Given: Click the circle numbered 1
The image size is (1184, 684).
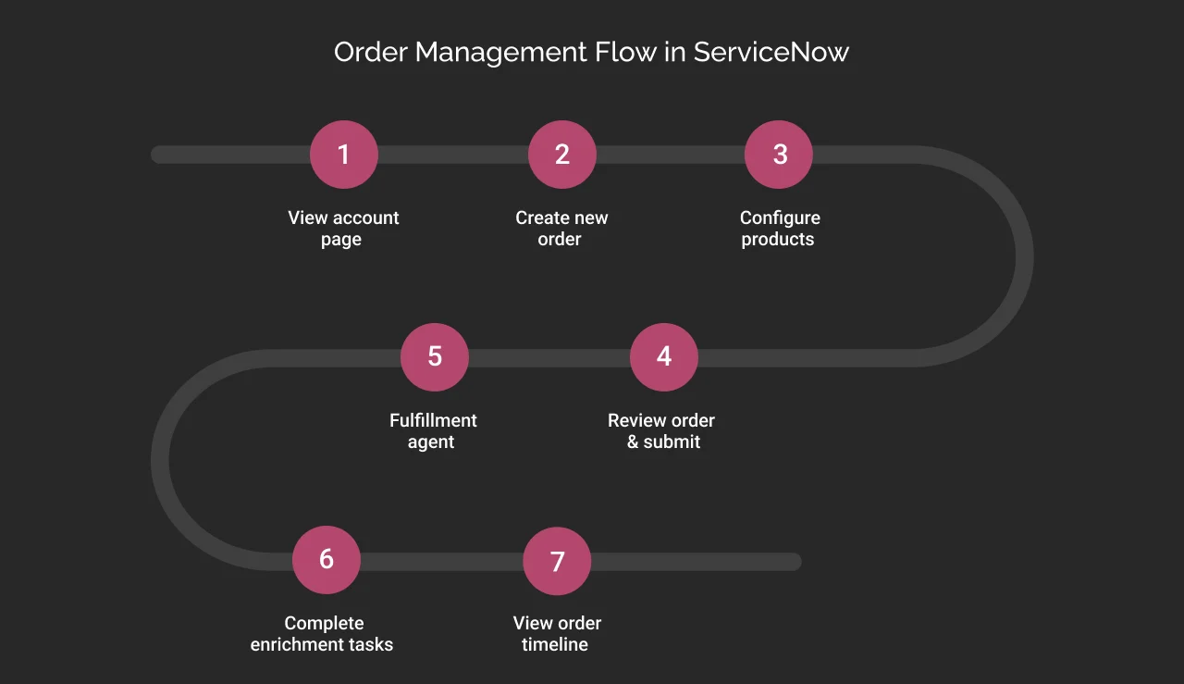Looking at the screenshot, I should click(x=344, y=155).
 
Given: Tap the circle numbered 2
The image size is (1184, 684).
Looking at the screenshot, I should click(x=562, y=155).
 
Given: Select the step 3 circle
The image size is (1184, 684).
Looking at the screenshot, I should click(x=779, y=155).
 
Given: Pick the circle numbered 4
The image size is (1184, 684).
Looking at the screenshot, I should click(x=664, y=357).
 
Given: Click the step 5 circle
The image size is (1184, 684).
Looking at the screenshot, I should click(x=435, y=357).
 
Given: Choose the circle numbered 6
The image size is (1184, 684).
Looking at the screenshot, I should click(x=327, y=560).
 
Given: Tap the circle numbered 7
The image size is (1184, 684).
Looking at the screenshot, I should click(x=557, y=561).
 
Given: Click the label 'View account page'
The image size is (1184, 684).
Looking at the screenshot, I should click(x=343, y=229).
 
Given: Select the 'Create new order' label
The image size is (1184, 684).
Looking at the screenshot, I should click(x=561, y=229).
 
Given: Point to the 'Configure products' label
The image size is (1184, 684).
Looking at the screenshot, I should click(x=779, y=229).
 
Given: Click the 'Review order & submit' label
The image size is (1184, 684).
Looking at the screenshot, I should click(x=661, y=431).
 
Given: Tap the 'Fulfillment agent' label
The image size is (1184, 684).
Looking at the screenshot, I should click(x=433, y=431).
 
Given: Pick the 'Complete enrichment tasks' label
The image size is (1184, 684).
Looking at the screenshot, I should click(x=322, y=634).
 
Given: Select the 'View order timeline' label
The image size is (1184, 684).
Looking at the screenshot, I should click(x=556, y=634).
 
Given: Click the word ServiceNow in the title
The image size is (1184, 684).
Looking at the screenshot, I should click(x=771, y=52).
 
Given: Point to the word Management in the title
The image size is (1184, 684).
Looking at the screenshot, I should click(x=500, y=52).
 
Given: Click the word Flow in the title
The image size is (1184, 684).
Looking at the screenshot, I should click(x=624, y=52).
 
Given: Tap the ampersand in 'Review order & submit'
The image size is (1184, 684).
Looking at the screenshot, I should click(x=633, y=442).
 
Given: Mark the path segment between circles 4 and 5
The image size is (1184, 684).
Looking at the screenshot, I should click(x=549, y=358).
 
